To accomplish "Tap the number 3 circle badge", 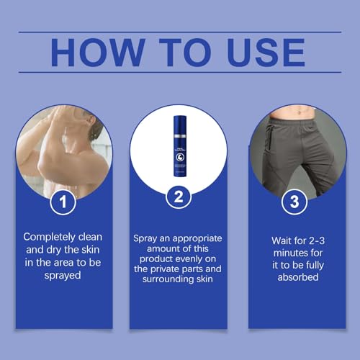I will [x=294, y=202].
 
